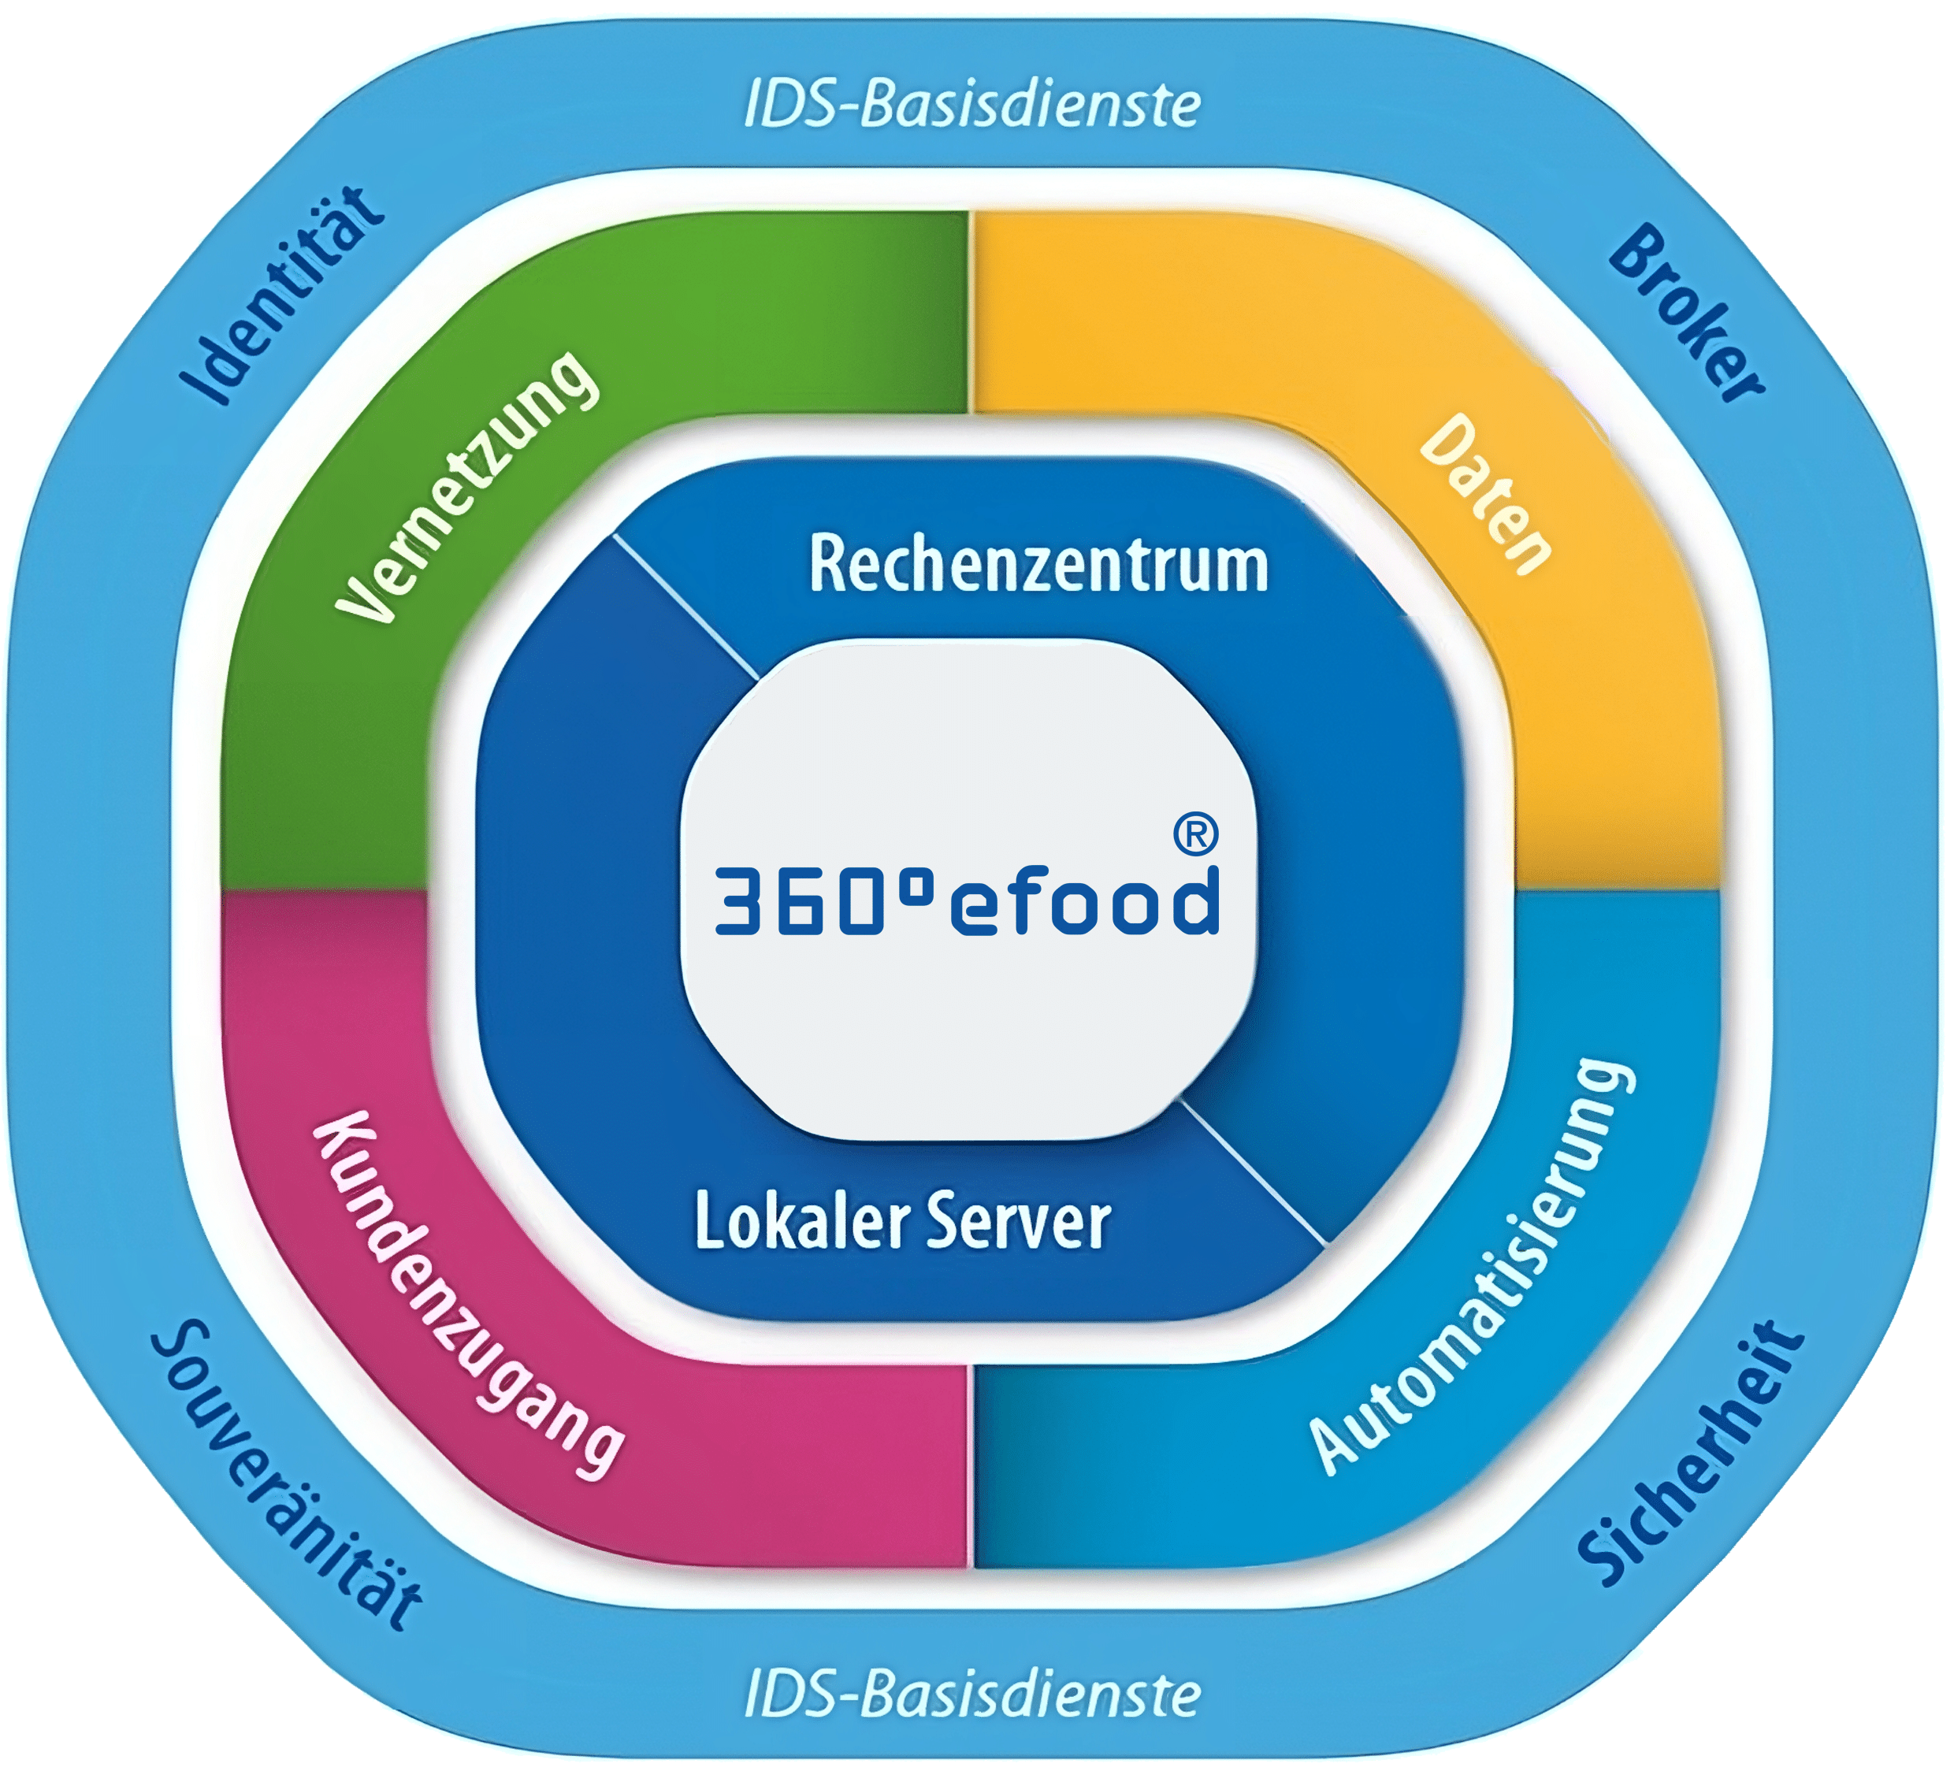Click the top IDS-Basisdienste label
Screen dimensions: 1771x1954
click(972, 106)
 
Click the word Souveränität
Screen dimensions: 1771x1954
click(286, 1473)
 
